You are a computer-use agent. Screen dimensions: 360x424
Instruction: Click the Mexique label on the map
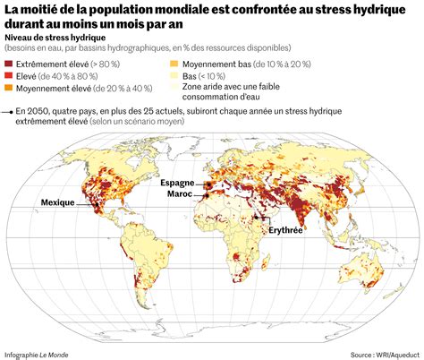point(58,203)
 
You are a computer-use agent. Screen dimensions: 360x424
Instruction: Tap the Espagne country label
point(177,183)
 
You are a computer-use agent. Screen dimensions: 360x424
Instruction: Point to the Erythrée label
point(282,230)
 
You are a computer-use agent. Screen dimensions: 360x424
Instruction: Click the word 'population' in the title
point(122,9)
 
